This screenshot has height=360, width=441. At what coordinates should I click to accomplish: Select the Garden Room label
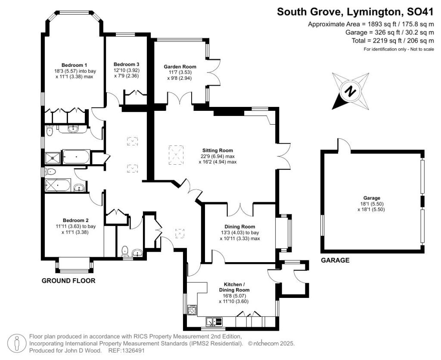[180, 66]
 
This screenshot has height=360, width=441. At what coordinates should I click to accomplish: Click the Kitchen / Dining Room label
[234, 287]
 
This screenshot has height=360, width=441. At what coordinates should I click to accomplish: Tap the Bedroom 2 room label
[72, 219]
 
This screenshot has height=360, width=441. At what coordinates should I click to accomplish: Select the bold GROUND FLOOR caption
[68, 281]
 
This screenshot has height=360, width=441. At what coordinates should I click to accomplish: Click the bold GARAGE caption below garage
[335, 260]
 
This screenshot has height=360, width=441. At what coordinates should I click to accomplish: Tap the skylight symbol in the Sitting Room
[176, 155]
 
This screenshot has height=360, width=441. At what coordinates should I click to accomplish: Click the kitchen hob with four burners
[192, 310]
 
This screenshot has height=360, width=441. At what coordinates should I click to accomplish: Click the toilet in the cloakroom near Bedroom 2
[125, 250]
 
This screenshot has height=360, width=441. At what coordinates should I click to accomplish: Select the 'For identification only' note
[398, 49]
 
